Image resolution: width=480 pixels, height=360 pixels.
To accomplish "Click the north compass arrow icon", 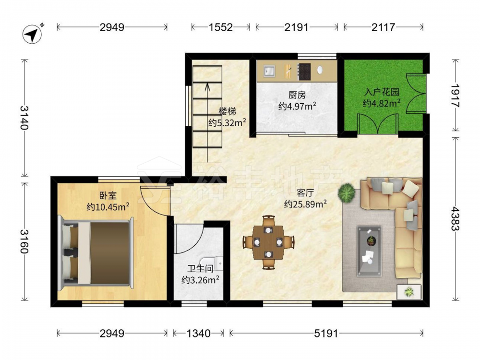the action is point(33,34).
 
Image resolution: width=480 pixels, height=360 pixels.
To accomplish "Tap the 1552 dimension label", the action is point(220,27).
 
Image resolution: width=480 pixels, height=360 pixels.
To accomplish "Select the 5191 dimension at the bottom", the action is point(326,333).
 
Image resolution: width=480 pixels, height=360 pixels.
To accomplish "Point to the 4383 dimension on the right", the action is point(455,218).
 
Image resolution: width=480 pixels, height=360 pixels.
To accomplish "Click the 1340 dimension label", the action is point(198,333).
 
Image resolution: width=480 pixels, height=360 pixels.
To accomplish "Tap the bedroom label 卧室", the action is point(108,196).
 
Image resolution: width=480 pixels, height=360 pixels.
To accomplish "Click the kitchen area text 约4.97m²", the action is point(297,106).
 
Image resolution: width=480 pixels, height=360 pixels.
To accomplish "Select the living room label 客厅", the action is point(305,193).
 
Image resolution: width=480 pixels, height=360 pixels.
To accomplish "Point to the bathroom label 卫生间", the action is point(200,269).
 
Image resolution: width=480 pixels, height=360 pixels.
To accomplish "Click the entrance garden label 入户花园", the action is point(382,92).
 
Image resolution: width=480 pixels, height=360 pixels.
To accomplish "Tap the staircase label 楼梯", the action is point(227,111).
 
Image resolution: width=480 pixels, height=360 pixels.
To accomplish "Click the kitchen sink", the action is point(269,71).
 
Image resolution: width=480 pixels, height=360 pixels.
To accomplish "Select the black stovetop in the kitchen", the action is point(304,72).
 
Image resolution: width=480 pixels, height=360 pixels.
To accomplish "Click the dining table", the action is point(268,242).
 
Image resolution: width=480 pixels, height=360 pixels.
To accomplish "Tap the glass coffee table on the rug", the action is point(369,251).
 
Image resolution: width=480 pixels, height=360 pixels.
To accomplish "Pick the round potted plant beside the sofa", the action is point(346,192).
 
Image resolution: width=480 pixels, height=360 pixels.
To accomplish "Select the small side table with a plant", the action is point(409,292).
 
